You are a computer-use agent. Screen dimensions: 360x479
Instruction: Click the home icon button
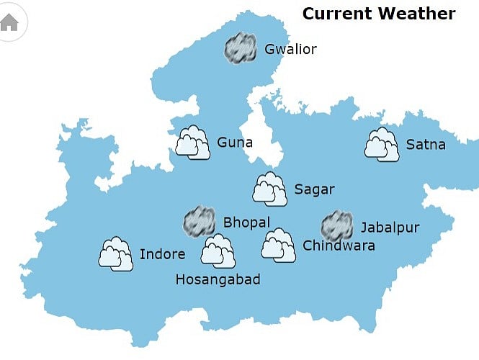pos(9,22)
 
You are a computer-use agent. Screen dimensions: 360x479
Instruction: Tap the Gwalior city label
pos(290,50)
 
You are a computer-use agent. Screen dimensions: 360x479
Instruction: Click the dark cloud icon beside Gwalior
pos(241,48)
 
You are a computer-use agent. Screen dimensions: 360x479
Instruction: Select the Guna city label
pos(235,143)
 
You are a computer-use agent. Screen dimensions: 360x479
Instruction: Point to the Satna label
pos(426,145)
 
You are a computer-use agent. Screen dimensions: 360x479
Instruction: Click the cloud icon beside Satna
pos(382,144)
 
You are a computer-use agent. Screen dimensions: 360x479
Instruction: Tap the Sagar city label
pos(314,189)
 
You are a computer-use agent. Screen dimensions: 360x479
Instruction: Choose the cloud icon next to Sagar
pos(270,189)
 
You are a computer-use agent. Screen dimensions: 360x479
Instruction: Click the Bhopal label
pos(246,222)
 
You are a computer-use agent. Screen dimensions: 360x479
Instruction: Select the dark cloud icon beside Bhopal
pos(199,222)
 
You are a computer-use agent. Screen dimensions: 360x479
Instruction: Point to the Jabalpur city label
pos(390,228)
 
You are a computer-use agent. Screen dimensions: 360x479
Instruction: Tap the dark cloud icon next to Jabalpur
pos(336,226)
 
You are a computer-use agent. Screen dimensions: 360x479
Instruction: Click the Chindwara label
pos(339,246)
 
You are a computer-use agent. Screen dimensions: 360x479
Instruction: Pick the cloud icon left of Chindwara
pos(278,245)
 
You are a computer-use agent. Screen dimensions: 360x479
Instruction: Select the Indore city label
pos(162,254)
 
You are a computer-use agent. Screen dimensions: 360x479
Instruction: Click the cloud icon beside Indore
pos(116,253)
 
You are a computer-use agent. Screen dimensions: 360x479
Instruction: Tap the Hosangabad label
pos(218,280)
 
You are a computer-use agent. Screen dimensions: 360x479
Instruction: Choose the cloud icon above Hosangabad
pos(218,251)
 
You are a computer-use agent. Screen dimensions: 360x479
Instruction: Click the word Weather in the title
pos(419,14)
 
